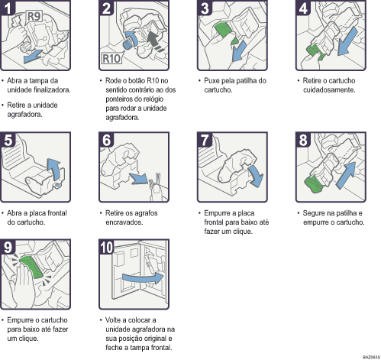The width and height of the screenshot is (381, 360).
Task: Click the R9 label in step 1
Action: [x=35, y=15]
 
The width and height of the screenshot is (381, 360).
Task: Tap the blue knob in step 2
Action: [x=131, y=41]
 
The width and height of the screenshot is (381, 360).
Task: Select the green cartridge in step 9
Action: [x=33, y=268]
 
